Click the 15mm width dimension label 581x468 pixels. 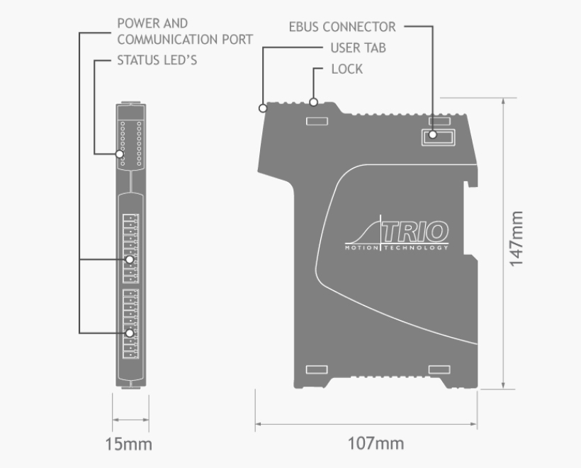point(128,445)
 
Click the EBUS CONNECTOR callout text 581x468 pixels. point(342,27)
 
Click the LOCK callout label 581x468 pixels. point(347,69)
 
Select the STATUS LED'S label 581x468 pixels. point(157,60)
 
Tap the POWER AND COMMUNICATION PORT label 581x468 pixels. point(184,32)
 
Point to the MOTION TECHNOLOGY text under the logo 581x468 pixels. point(396,248)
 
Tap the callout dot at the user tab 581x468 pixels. point(262,108)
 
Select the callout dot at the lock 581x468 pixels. point(312,102)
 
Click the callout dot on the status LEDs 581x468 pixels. point(120,154)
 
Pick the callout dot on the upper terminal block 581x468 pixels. point(130,260)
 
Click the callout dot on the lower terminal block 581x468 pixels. point(130,333)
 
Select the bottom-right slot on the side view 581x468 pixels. point(440,370)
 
